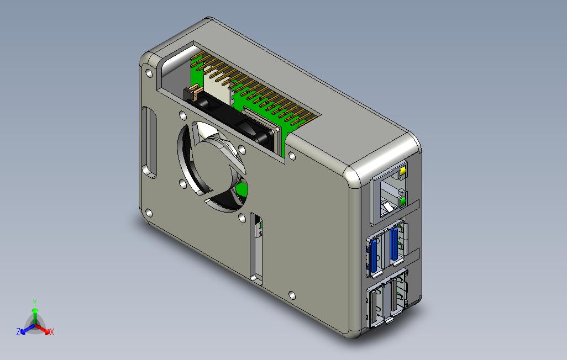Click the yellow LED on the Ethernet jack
403,170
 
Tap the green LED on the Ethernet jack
402,200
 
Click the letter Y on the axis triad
35,302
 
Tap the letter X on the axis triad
52,332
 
